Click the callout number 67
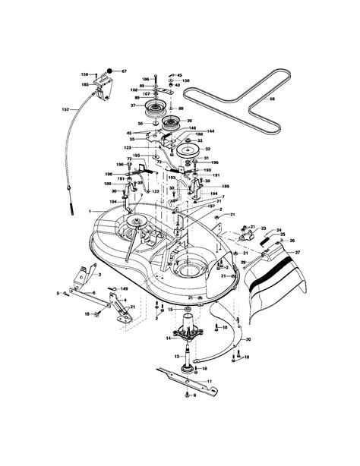pyautogui.click(x=125, y=71)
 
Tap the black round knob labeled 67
pyautogui.click(x=111, y=71)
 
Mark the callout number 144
pyautogui.click(x=210, y=131)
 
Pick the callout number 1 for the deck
pyautogui.click(x=89, y=210)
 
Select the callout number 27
pyautogui.click(x=298, y=251)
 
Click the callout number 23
pyautogui.click(x=263, y=228)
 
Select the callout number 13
pyautogui.click(x=176, y=355)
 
